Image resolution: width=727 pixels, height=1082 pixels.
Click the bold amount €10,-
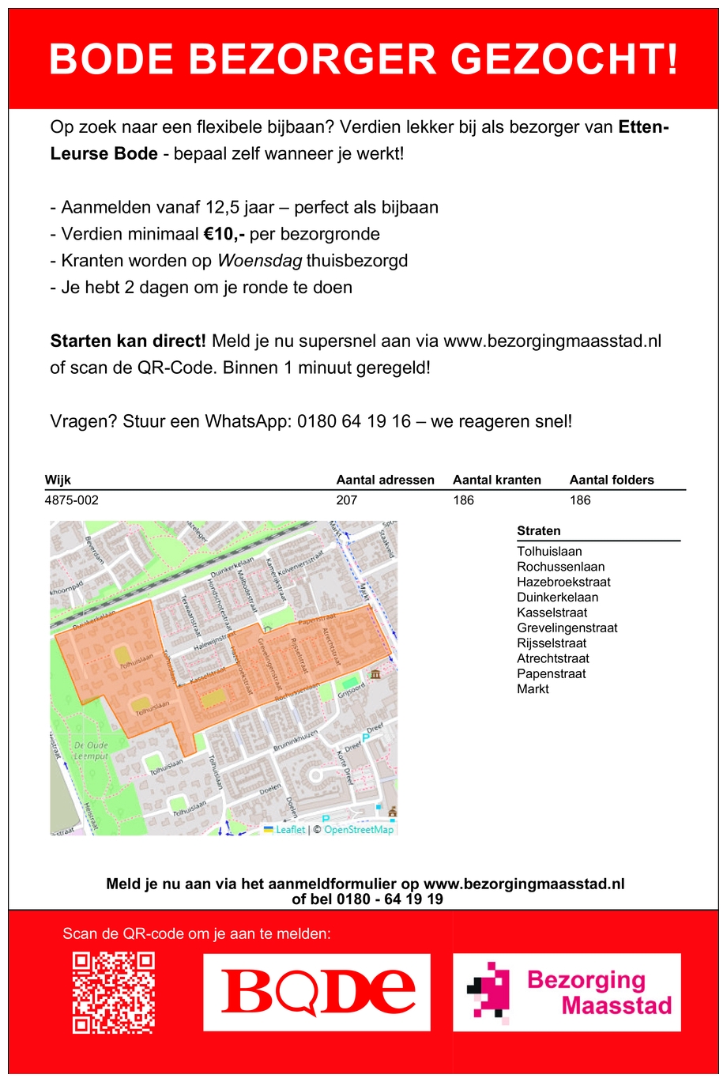pos(224,234)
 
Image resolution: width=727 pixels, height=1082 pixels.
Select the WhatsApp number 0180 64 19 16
pos(354,421)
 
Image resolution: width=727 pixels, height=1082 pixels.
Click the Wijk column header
pos(58,480)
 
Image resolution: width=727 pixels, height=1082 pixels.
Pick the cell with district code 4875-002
pos(72,500)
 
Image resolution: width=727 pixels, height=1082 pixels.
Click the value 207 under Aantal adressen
pos(347,500)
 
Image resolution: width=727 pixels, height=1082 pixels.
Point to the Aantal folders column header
pos(612,480)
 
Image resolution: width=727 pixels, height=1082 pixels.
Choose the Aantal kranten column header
pos(497,480)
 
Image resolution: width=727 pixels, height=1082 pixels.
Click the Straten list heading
pos(539,531)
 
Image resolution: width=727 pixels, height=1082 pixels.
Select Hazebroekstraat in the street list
pos(563,582)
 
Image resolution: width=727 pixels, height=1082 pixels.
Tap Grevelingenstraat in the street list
pos(567,628)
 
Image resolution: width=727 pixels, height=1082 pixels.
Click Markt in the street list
pos(533,689)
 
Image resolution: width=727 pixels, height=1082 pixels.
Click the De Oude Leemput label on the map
pos(92,751)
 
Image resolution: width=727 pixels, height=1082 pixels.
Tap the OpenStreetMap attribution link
pos(359,830)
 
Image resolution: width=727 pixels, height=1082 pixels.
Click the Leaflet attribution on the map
pos(289,830)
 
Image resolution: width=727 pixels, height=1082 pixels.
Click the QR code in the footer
pos(113,993)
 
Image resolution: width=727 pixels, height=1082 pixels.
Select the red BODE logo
pos(317,992)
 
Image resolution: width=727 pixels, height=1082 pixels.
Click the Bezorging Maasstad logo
pos(567,992)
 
